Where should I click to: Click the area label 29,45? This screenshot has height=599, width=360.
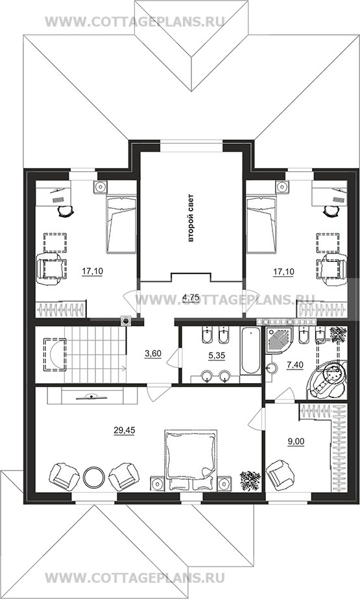tap(125, 430)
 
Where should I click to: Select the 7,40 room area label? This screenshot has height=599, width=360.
tap(294, 365)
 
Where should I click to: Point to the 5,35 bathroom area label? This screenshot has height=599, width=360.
tap(216, 355)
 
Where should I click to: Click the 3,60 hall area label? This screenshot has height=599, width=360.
tap(153, 353)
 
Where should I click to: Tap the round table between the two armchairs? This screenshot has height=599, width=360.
tap(93, 476)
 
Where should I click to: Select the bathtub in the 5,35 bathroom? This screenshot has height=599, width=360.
tap(250, 351)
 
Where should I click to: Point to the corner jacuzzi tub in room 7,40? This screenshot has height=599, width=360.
tap(327, 380)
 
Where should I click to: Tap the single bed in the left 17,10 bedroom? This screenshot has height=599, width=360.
tap(121, 224)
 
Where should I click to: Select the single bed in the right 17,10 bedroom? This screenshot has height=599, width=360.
tap(261, 224)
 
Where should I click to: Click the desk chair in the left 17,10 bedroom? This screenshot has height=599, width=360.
tap(66, 211)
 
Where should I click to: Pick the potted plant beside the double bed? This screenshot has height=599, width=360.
tap(250, 480)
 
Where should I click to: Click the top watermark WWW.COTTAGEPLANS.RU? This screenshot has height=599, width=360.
tap(134, 21)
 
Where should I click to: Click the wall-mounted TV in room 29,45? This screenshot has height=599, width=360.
tap(91, 397)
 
